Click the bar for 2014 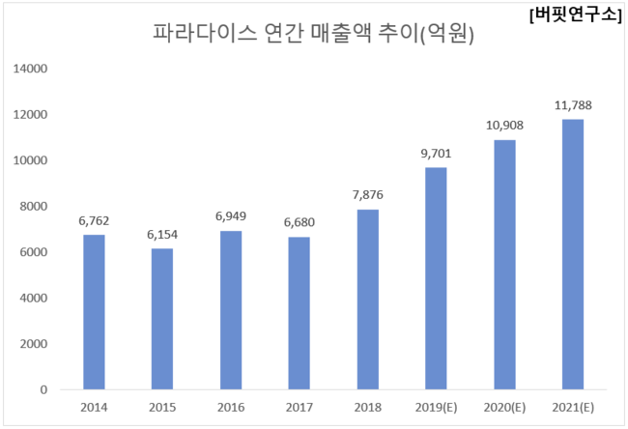point(94,312)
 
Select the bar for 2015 point(162,319)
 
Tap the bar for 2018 point(367,300)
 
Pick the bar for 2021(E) point(572,254)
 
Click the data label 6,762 point(94,221)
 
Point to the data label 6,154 point(162,235)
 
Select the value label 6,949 point(230,216)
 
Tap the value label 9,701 point(435,154)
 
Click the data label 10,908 point(503,126)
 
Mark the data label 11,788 point(572,105)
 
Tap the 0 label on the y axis point(43,389)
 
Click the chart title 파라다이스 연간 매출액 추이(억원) point(314,34)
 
